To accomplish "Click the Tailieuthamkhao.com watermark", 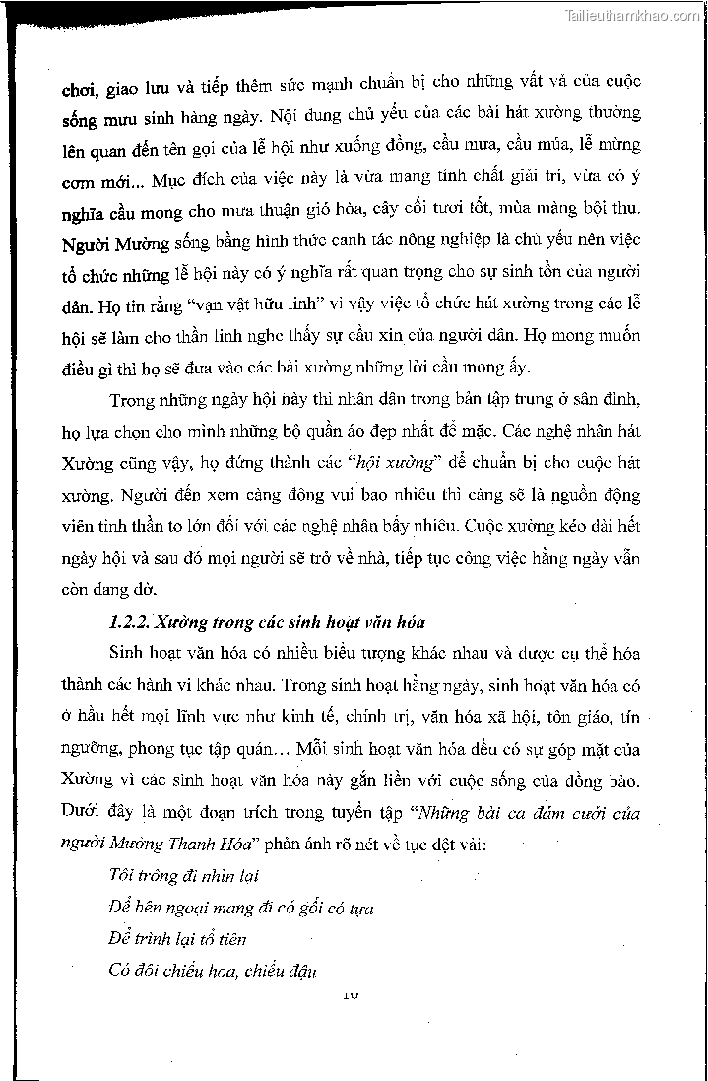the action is point(635,15).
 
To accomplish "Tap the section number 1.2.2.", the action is point(127,621).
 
